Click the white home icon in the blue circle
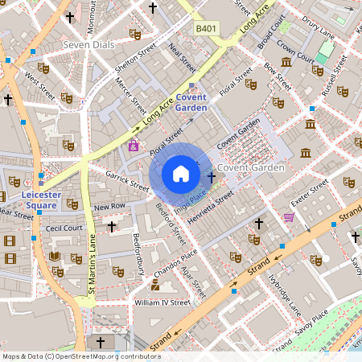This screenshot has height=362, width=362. [x=181, y=173]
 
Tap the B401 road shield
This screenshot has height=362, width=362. [x=206, y=28]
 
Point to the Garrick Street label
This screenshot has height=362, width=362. [x=127, y=179]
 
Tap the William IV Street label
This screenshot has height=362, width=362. [x=162, y=303]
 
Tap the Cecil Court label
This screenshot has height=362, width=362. [x=65, y=228]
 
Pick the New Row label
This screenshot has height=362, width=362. [x=109, y=208]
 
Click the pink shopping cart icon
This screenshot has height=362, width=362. [x=289, y=217]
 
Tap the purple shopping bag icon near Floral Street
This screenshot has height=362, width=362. [x=133, y=146]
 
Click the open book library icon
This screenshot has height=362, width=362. [x=55, y=257]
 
